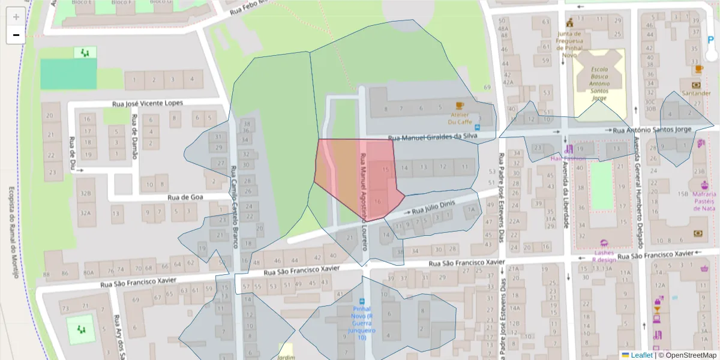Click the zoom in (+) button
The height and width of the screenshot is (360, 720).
16,17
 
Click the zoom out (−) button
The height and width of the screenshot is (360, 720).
16,35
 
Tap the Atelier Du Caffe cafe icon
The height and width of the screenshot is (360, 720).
460,106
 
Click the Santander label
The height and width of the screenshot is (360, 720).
696,93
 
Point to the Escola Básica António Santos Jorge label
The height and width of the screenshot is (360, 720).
599,83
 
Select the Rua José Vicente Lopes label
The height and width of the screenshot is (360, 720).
148,103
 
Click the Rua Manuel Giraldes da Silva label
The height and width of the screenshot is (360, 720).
432,137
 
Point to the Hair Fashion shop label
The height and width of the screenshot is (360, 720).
568,158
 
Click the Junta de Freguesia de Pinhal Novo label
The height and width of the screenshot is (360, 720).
569,44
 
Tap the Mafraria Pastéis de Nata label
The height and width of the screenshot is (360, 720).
704,201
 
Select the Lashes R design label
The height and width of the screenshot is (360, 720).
604,256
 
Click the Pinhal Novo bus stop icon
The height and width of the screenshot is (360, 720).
362,301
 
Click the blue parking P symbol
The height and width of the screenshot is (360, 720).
712,43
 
